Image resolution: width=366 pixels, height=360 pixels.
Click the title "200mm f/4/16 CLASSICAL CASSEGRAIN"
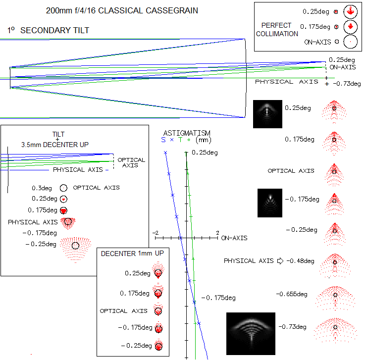[122, 11]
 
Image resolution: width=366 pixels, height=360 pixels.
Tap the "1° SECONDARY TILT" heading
[48, 30]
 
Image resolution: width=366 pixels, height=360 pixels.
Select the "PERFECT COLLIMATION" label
[277, 30]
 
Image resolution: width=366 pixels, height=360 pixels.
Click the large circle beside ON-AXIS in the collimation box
[350, 42]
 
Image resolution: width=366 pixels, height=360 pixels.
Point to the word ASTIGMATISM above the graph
[187, 133]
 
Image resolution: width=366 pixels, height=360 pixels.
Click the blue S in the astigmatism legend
[163, 140]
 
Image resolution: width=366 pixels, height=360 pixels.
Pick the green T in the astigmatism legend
[180, 140]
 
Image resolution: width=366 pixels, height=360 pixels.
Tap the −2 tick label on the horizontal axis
[156, 233]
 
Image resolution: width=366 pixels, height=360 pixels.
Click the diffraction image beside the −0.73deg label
[251, 334]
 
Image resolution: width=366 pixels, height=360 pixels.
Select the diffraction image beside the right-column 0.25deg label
[267, 114]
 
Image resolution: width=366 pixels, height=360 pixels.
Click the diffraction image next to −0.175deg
[270, 203]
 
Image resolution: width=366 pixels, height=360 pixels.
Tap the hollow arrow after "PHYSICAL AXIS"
[280, 261]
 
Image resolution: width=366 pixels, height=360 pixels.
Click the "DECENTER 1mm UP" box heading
[132, 254]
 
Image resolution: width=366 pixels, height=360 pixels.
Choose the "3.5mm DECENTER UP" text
[55, 145]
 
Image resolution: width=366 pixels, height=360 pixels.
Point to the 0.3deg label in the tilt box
[42, 188]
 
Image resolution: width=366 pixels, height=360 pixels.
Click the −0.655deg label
[292, 294]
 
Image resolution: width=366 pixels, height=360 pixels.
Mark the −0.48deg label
[301, 261]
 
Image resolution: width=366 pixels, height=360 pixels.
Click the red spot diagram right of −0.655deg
[335, 298]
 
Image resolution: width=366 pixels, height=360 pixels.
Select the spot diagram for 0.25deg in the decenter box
[158, 270]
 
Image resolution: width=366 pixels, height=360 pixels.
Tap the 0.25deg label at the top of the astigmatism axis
[205, 153]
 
